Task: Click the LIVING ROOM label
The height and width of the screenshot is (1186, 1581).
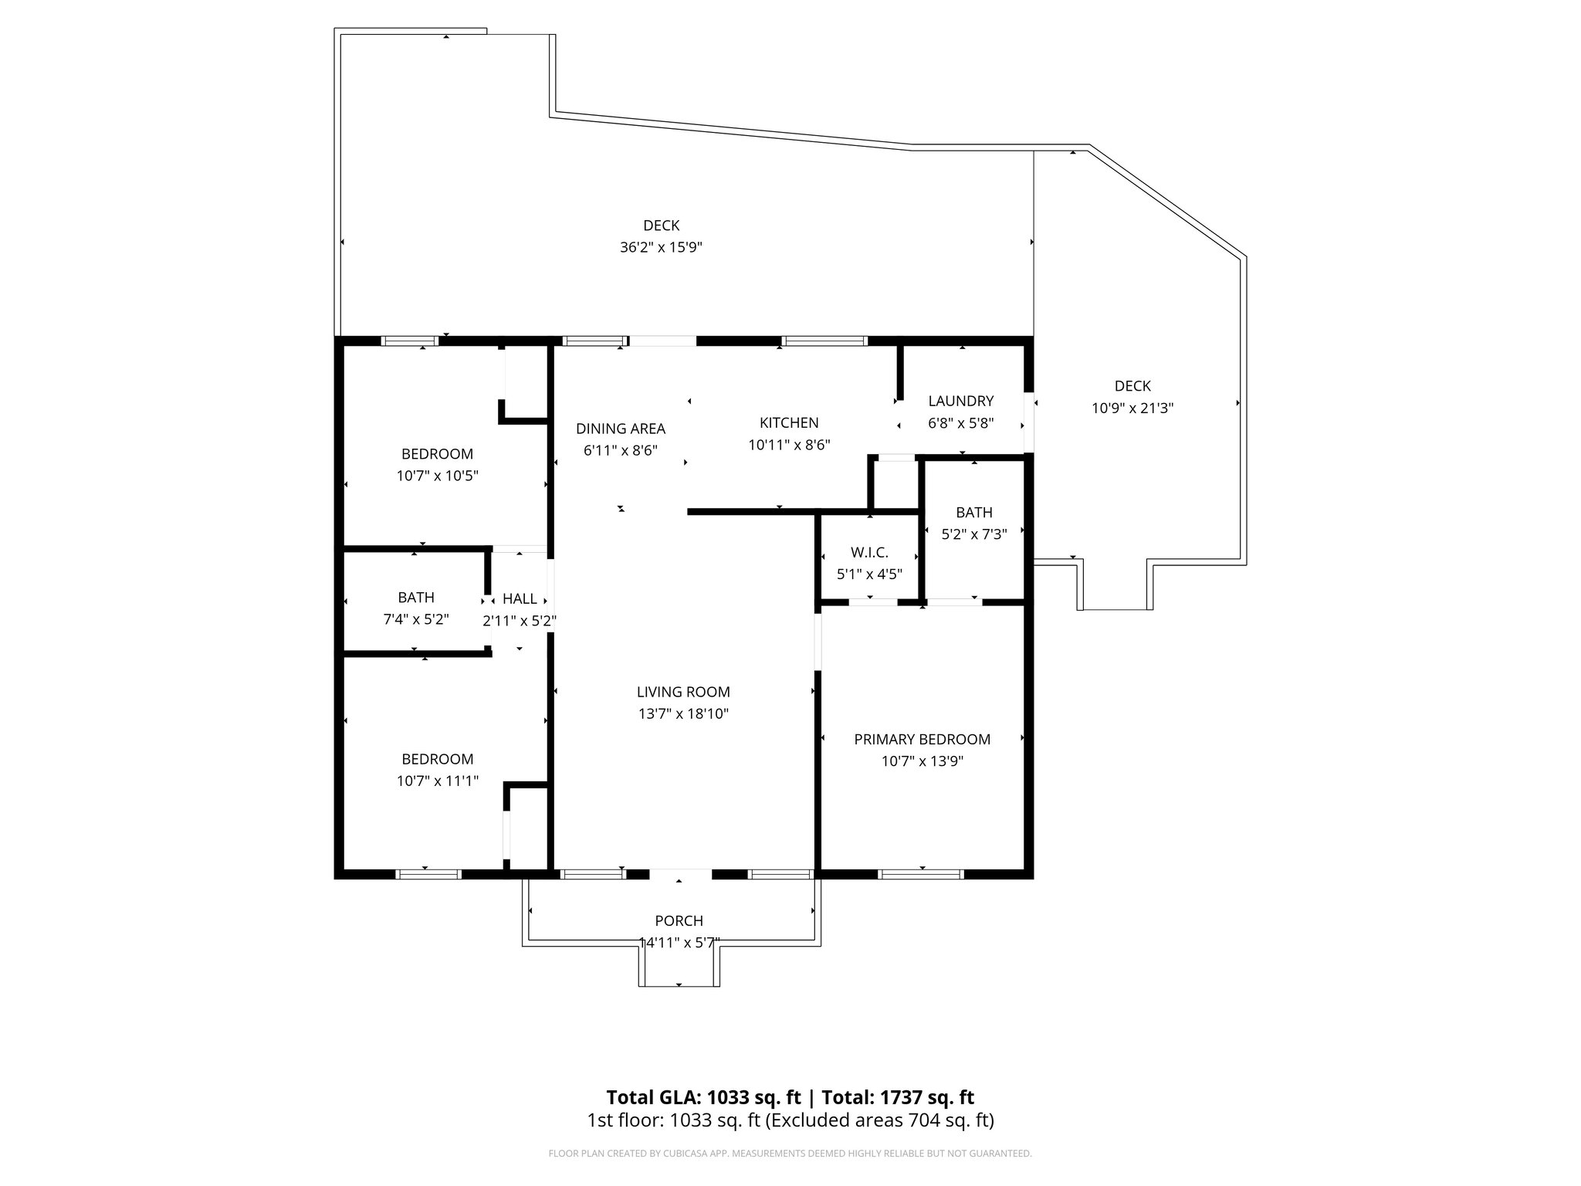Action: (683, 692)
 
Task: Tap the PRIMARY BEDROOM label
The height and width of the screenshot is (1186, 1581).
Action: (922, 739)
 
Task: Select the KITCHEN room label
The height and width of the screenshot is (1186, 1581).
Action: (789, 422)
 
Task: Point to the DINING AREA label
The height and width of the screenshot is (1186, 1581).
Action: (620, 429)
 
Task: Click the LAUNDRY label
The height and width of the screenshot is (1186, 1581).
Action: (960, 401)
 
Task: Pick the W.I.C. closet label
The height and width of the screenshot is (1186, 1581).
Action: (869, 552)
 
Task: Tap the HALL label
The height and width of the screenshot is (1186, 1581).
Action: (520, 598)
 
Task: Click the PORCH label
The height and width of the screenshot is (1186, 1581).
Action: (679, 920)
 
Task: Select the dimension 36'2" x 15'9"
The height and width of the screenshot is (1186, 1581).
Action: (661, 248)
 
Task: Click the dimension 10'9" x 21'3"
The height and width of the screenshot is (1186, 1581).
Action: (1132, 408)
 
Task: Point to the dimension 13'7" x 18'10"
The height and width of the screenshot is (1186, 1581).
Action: (683, 714)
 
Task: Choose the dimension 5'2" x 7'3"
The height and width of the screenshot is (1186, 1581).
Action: (973, 534)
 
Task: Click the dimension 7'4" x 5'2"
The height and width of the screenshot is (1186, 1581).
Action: (416, 619)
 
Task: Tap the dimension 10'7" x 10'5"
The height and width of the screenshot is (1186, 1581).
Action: (437, 476)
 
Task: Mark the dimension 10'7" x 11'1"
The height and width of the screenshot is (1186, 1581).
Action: (437, 781)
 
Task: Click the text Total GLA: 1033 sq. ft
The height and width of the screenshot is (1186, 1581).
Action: (703, 1097)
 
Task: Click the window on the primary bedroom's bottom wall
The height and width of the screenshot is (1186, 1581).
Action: (921, 874)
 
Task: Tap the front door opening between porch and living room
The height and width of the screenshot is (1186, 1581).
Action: (679, 874)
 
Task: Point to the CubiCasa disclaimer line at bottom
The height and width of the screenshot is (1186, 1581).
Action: (790, 1154)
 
